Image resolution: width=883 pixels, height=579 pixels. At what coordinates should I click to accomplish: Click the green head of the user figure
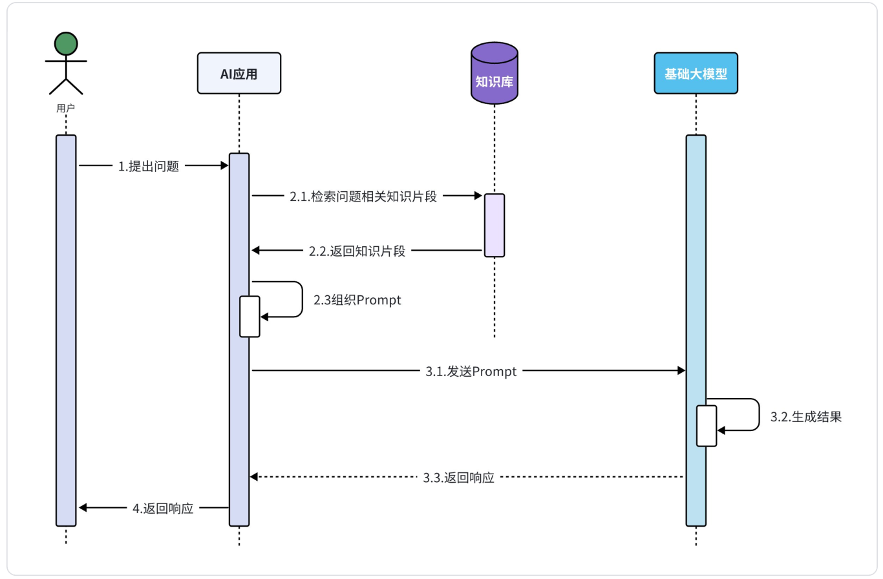(x=66, y=43)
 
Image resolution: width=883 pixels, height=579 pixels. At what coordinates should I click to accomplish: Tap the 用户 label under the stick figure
(x=66, y=109)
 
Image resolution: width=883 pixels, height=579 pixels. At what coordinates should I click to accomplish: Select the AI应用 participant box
(x=239, y=73)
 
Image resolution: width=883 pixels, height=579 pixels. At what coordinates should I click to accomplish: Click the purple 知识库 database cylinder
(x=495, y=74)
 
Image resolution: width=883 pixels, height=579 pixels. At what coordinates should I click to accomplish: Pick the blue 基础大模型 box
(x=696, y=73)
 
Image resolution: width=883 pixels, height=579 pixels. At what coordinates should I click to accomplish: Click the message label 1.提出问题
(x=148, y=166)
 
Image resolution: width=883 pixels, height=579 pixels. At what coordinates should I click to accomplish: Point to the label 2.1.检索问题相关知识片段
(x=363, y=197)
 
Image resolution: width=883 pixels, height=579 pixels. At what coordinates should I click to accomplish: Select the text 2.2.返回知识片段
(x=357, y=251)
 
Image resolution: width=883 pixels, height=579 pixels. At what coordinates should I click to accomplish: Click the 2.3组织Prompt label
(x=357, y=300)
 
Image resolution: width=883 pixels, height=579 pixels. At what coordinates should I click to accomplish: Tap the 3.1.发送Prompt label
(x=471, y=372)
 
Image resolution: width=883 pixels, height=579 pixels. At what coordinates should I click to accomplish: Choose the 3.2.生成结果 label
(x=806, y=417)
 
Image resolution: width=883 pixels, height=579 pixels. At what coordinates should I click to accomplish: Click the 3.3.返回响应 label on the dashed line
(x=459, y=478)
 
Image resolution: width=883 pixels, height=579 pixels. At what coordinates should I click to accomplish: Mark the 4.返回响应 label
(x=163, y=509)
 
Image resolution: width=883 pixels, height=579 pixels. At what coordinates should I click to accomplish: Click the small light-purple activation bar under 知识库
(x=495, y=225)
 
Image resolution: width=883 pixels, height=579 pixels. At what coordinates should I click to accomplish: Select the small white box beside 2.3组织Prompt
(x=250, y=316)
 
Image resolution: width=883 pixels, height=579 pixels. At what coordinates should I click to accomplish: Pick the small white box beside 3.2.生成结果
(x=707, y=425)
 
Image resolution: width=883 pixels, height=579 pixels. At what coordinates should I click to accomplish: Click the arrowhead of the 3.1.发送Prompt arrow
(x=681, y=370)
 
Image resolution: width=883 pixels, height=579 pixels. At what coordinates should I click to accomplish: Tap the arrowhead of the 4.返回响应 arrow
(x=83, y=508)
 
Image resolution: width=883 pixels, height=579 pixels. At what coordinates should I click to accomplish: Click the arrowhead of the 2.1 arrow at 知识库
(x=478, y=195)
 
